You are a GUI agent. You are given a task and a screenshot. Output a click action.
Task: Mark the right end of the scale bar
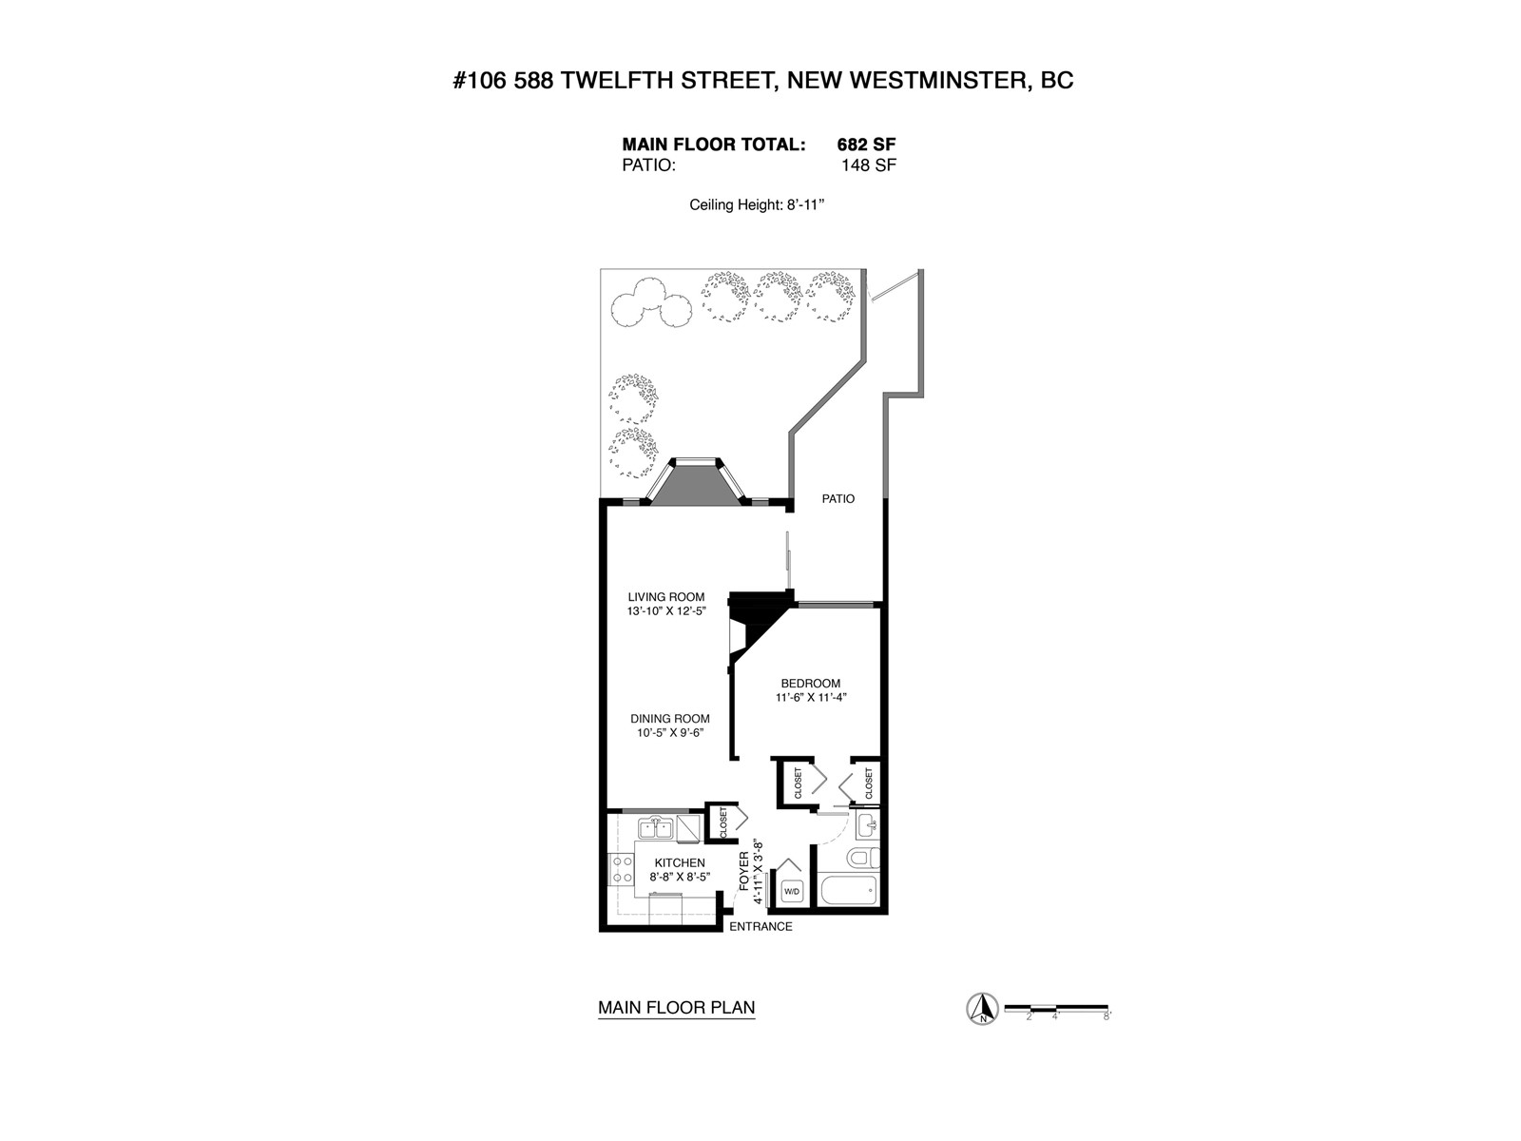click(1108, 1007)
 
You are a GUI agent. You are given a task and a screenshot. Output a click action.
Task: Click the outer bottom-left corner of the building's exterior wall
click(600, 932)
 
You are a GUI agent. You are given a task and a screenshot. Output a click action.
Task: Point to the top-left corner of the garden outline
click(600, 269)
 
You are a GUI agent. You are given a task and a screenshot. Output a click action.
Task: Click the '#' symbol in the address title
click(460, 81)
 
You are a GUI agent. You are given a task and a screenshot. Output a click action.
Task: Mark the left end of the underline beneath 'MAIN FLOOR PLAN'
click(598, 1017)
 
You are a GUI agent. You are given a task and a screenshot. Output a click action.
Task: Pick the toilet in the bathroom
click(864, 859)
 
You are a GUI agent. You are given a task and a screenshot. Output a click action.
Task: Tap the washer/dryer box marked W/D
click(791, 890)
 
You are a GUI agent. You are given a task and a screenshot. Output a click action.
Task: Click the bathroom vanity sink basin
click(866, 824)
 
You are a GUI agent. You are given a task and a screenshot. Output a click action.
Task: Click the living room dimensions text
click(666, 611)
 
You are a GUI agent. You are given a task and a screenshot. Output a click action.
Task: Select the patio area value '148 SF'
click(869, 165)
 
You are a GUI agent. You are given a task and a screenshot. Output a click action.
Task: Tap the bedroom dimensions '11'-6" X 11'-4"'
click(812, 698)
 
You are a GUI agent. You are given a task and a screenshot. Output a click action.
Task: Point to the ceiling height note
click(757, 205)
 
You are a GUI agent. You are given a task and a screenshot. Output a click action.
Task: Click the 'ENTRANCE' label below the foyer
click(760, 926)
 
